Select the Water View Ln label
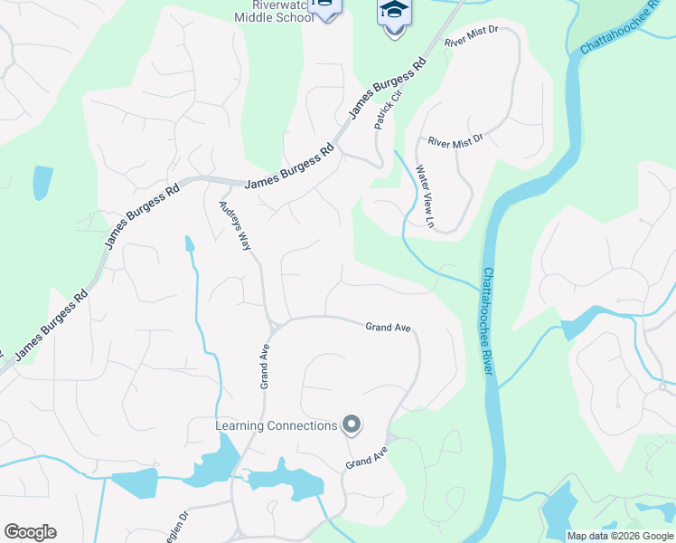425,195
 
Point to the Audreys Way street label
233,227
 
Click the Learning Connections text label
277,425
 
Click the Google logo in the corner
30,532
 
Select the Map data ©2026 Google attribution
620,536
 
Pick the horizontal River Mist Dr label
456,141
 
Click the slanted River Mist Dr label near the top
472,38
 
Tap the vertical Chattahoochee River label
488,321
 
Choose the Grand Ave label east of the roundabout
389,327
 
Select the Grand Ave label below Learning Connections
366,458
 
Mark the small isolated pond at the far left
42,182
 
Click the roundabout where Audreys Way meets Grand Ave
273,325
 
